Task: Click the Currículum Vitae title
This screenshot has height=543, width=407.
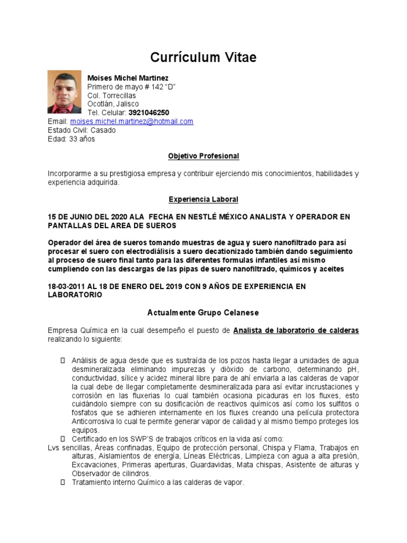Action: [203, 57]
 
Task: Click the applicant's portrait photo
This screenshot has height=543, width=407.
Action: [65, 92]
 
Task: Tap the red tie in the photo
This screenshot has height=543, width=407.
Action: [65, 109]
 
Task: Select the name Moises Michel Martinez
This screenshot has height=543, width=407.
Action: [128, 78]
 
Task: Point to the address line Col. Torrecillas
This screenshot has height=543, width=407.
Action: [111, 95]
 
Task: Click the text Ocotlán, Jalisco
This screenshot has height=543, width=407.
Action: [113, 104]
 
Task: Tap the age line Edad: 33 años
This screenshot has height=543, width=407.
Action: [72, 139]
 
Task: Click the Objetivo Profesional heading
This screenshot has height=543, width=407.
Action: [203, 156]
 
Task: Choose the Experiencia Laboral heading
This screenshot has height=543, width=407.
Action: [203, 199]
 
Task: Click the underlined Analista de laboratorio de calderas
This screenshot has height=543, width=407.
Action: [296, 330]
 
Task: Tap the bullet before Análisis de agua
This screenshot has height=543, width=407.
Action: [63, 360]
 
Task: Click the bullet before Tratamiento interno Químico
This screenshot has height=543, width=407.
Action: [63, 483]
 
